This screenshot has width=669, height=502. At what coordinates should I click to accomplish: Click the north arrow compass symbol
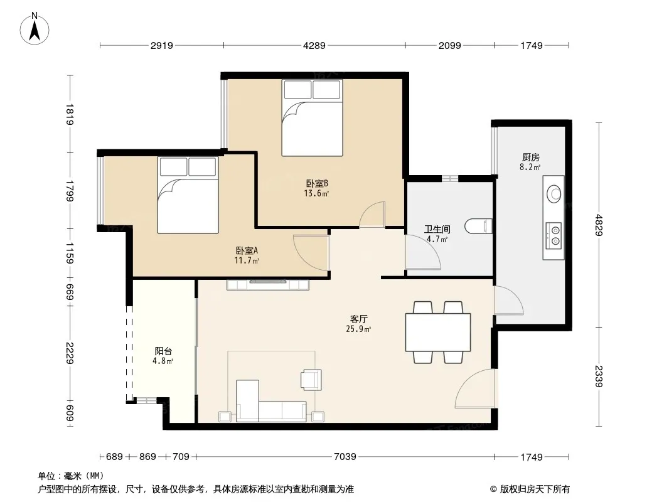click(35, 29)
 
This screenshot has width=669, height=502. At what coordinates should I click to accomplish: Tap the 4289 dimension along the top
click(314, 45)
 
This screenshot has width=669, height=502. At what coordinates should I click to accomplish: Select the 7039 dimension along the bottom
click(345, 457)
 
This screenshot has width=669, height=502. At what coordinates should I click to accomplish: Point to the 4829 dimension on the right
click(599, 225)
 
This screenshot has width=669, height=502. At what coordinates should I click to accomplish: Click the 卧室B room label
click(316, 183)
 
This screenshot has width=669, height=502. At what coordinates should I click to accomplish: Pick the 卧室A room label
click(247, 250)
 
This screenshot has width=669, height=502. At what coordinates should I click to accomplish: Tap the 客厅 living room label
click(358, 319)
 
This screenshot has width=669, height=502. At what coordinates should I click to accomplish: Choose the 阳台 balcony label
click(163, 351)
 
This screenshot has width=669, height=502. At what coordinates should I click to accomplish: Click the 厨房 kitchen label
click(530, 158)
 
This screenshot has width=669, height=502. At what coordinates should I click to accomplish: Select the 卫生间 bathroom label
click(437, 230)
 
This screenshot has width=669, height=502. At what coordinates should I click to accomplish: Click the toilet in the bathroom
click(478, 226)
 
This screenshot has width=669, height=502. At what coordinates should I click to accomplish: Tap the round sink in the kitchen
click(554, 194)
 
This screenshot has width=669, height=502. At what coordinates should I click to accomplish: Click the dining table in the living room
click(438, 332)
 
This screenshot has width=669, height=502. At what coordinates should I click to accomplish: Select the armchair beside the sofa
click(311, 380)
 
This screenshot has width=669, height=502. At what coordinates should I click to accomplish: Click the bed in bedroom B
click(313, 118)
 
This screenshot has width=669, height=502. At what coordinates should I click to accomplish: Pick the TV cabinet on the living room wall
click(268, 284)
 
